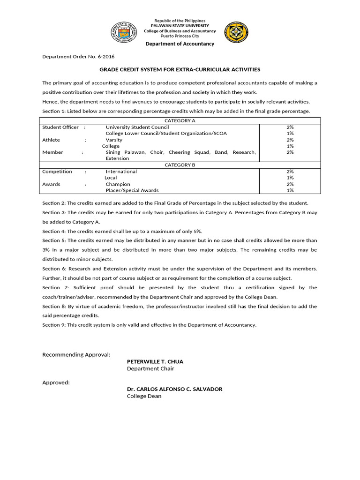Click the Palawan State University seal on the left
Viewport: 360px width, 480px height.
tap(124, 32)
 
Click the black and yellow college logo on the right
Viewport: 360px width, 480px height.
tap(236, 32)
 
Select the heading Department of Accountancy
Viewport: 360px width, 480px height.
tap(180, 44)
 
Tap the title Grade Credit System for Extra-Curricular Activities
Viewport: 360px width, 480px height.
tap(180, 69)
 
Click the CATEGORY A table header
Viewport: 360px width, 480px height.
tap(180, 120)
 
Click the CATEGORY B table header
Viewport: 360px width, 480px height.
tap(180, 165)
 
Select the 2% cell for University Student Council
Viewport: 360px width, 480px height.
tap(290, 127)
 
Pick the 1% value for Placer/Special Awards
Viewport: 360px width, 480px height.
tap(290, 190)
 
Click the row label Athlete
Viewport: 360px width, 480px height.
tap(51, 140)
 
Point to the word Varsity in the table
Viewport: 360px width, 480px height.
tap(114, 140)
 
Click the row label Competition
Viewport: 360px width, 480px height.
tap(57, 172)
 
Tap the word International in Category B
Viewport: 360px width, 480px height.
tap(121, 172)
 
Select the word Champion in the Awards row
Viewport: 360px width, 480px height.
tap(118, 184)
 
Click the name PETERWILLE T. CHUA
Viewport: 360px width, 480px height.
tap(155, 361)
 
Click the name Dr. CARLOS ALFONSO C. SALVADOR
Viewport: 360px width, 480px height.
tap(174, 389)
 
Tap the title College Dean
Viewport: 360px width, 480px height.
tap(144, 396)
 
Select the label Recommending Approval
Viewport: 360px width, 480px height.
tap(76, 354)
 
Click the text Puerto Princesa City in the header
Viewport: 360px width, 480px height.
tap(180, 36)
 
